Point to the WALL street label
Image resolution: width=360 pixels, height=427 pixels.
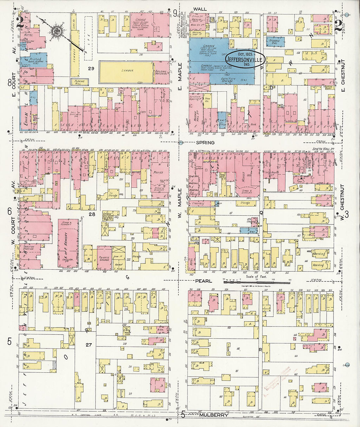click(x=198, y=9)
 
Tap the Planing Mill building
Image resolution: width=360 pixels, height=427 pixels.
click(x=80, y=81)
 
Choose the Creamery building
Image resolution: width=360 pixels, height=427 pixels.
click(x=198, y=204)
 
